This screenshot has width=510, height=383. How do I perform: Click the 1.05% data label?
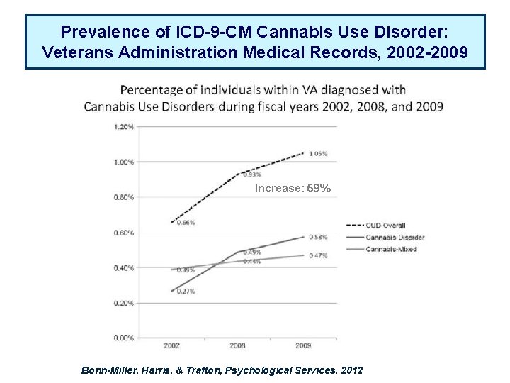point(318,154)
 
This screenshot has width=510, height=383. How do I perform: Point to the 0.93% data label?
point(251,174)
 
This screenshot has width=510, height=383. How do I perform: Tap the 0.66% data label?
point(185,223)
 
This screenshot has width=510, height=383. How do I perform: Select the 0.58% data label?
point(318,237)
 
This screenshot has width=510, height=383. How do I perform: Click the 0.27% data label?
point(186,291)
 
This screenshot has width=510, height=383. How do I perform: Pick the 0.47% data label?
point(318,255)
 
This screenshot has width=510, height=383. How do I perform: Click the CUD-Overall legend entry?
point(385,226)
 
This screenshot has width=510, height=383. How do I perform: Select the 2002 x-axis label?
point(171,346)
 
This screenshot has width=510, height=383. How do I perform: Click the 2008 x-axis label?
point(237,346)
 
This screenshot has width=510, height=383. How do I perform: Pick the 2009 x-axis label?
point(304,346)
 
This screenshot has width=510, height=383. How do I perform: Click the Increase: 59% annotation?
point(293,189)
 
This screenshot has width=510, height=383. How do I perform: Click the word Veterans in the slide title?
point(75,52)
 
